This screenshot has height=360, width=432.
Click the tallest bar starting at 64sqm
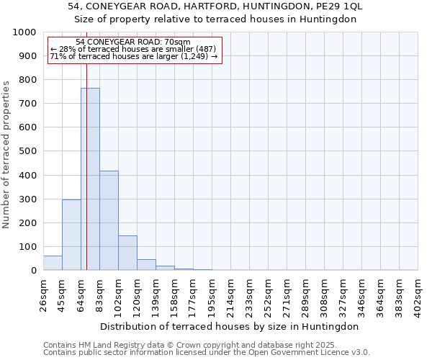coord(90,179)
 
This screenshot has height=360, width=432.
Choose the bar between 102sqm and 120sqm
coord(127,253)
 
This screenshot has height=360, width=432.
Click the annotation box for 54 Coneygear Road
coord(134,50)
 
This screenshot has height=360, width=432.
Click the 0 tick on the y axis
coord(34,271)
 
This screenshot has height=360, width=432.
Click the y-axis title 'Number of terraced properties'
coord(6,154)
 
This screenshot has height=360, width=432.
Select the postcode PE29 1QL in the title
coord(338,6)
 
